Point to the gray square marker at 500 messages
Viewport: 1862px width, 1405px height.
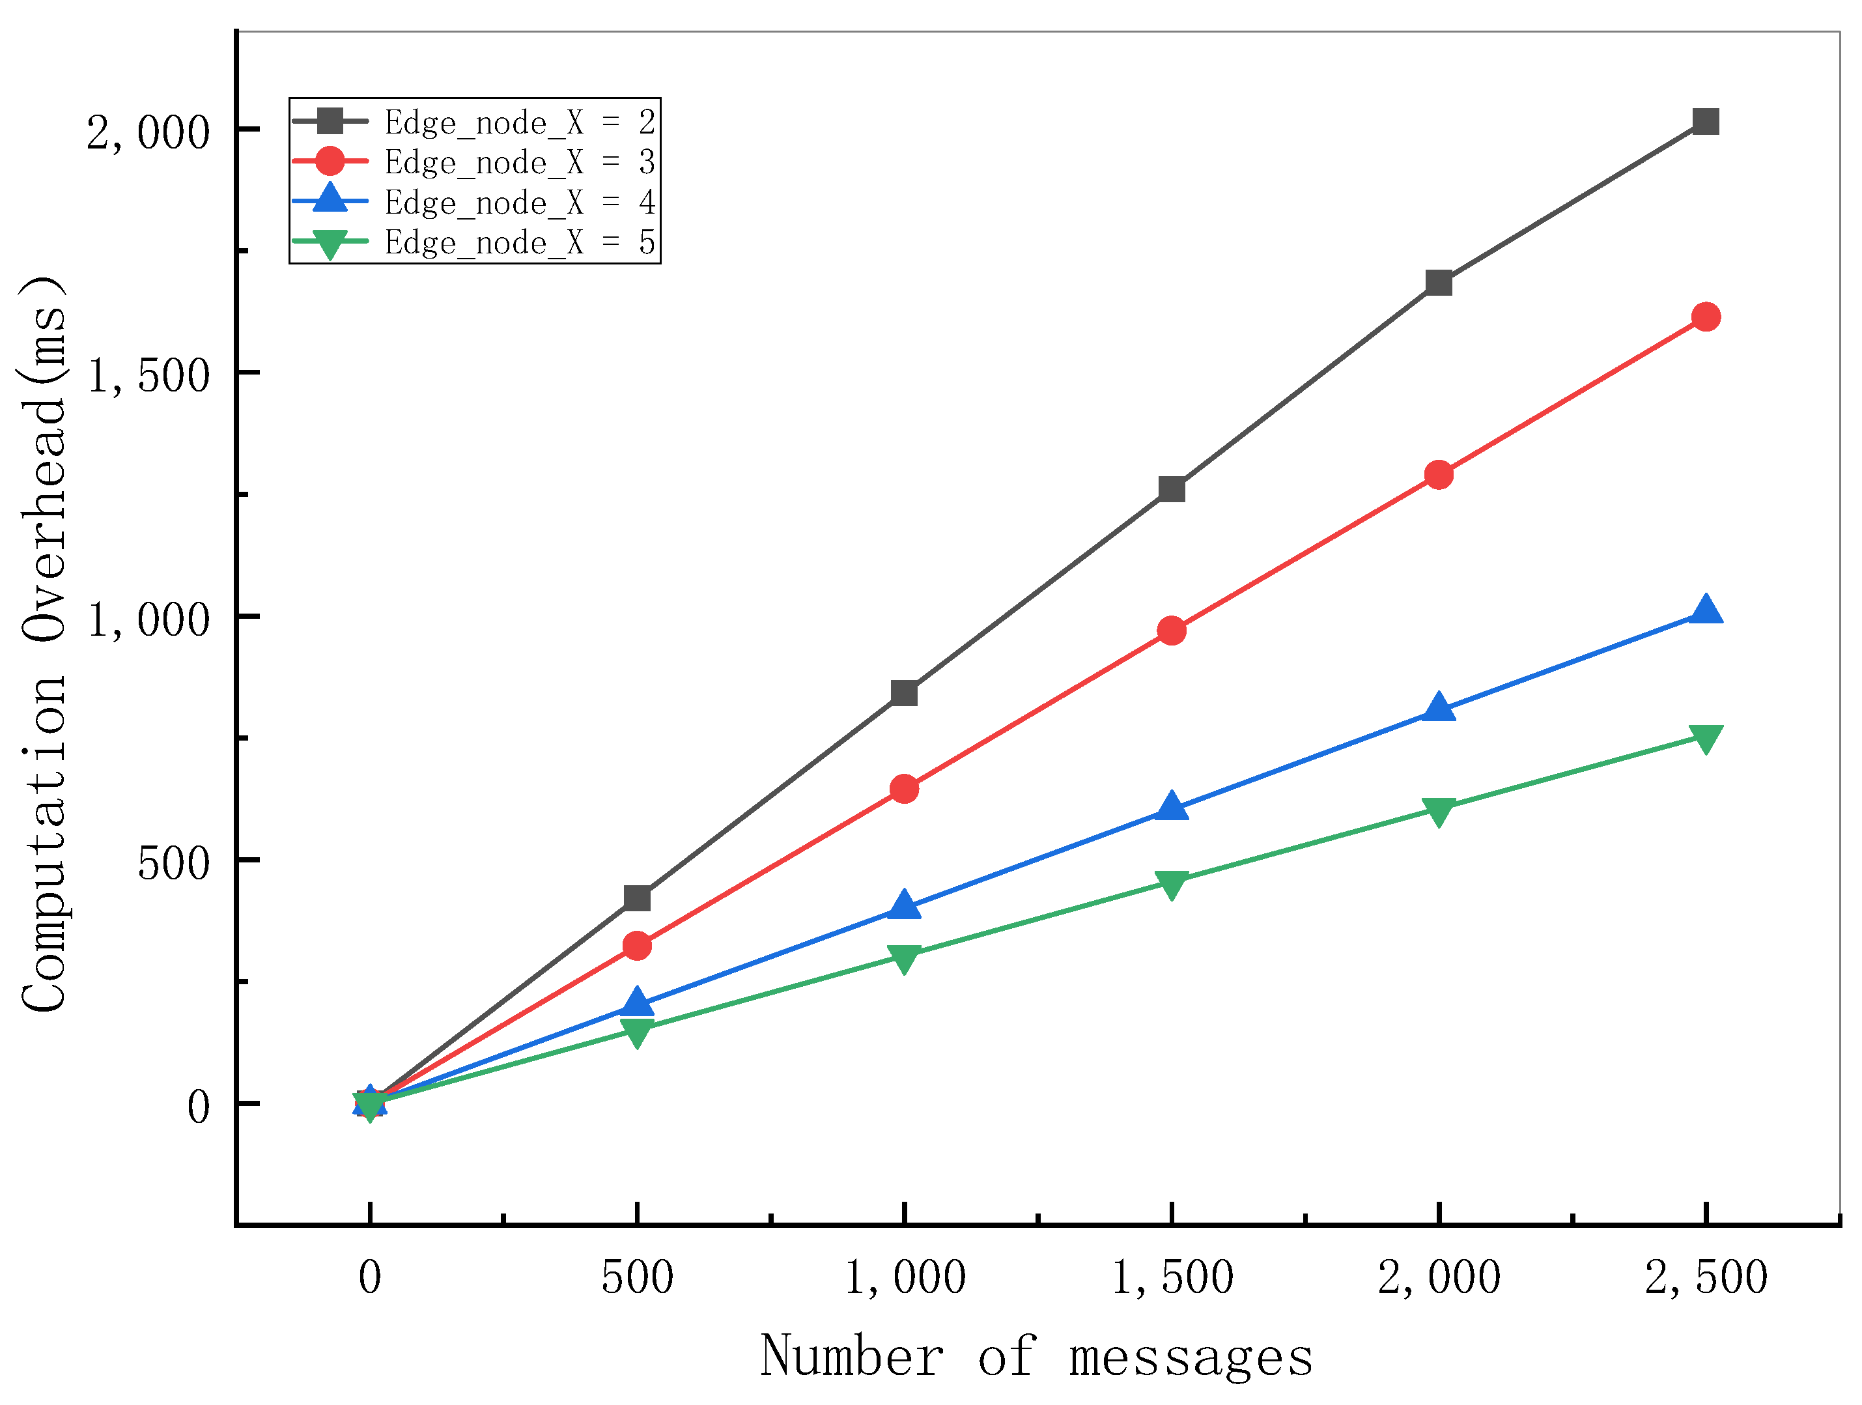637,898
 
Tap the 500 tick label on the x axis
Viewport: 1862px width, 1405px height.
637,1277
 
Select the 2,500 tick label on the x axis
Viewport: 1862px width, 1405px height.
1706,1277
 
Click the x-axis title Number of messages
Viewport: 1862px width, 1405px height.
1036,1358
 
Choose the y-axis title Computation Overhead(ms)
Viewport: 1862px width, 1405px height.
44,644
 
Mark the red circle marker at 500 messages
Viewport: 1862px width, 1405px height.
637,946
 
